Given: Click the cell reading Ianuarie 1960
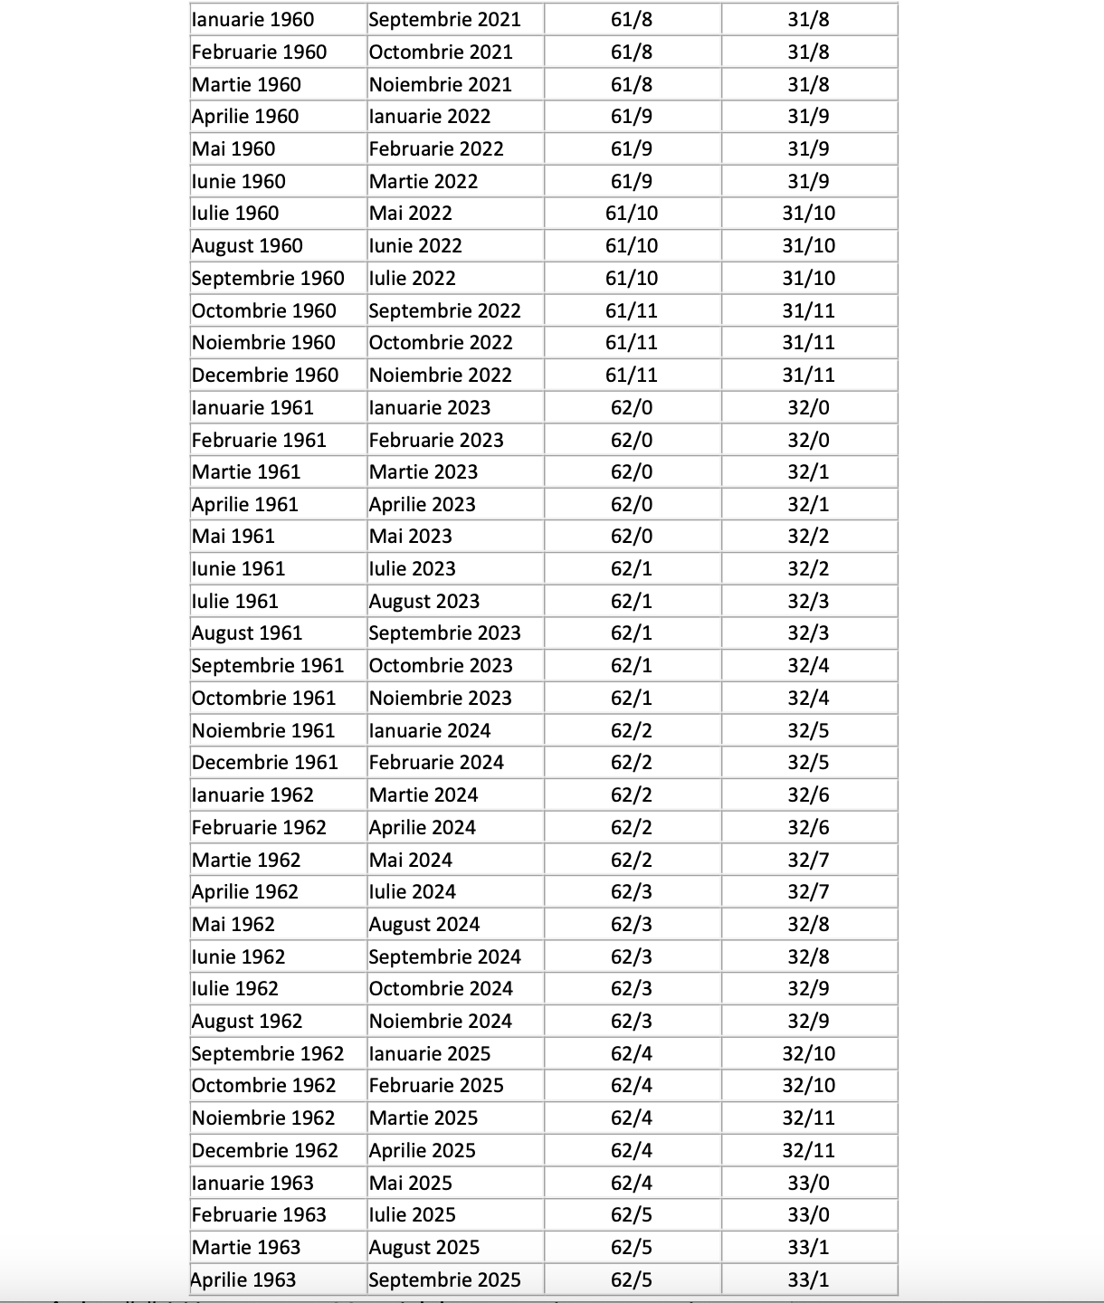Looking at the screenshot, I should pos(253,20).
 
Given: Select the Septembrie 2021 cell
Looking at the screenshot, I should pos(444,20).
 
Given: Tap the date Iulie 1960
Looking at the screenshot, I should pos(235,214).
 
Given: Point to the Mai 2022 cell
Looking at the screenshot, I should pos(410,214).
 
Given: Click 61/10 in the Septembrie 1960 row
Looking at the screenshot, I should pos(632,279).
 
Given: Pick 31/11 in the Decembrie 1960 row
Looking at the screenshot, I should pos(808,376).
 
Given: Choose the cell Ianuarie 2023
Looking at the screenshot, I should pos(430,408).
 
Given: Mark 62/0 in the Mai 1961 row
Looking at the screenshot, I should pos(632,537).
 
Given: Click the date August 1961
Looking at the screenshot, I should pos(247,633).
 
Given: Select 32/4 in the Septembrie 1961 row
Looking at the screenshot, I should pos(808,666).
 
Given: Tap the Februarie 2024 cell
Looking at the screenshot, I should pos(436,763).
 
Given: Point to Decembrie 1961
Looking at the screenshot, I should pos(264,763).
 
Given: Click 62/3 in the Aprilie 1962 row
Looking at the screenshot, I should pos(632,892).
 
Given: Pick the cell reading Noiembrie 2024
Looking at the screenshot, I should pos(441,1022).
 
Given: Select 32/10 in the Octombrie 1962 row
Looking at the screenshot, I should pos(808,1086).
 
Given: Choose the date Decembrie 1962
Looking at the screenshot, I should pos(264,1151).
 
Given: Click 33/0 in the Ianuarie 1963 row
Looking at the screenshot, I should pos(808,1184).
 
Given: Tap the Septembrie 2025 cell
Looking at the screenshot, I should pos(444,1280).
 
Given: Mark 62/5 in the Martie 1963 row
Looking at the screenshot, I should pos(632,1248).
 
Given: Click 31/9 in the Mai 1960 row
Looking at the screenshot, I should pos(808,149).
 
